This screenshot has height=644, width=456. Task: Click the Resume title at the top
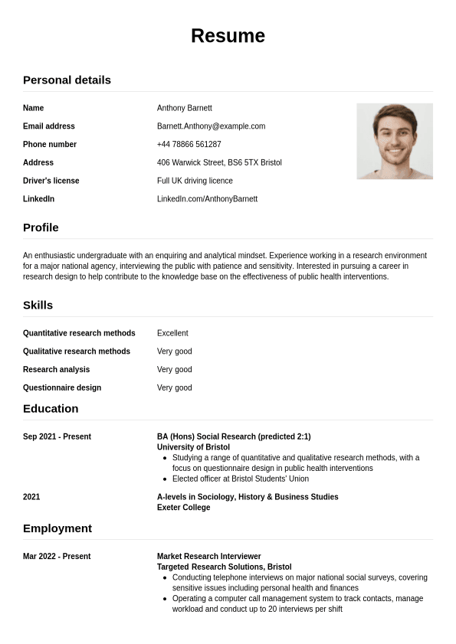coord(228,36)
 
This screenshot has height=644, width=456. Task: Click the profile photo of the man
coord(395,141)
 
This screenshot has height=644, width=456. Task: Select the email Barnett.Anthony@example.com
coord(211,126)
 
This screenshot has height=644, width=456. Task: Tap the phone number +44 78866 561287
coord(189,145)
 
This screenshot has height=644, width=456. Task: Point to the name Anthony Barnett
coord(184,108)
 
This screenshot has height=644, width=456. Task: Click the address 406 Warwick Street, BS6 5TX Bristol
coord(219,163)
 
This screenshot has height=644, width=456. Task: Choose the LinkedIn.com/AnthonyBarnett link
coord(207,199)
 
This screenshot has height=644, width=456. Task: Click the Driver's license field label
coord(51,181)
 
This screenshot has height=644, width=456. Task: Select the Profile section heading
coord(41,227)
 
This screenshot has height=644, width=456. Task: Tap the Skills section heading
coord(38,305)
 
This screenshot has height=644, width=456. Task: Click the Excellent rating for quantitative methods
coord(172,333)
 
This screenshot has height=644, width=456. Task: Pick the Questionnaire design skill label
coord(61,387)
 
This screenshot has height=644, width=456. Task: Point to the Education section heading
coord(51,408)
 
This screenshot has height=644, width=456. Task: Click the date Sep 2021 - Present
coord(57,436)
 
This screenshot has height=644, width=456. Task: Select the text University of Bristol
coord(193,447)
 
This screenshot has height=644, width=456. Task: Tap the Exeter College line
coord(183,508)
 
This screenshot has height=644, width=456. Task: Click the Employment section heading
coord(57,528)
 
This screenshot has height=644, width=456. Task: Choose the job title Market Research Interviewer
coord(208,557)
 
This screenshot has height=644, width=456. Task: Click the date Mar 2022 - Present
coord(57,557)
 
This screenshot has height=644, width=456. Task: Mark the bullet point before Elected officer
coord(166,479)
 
